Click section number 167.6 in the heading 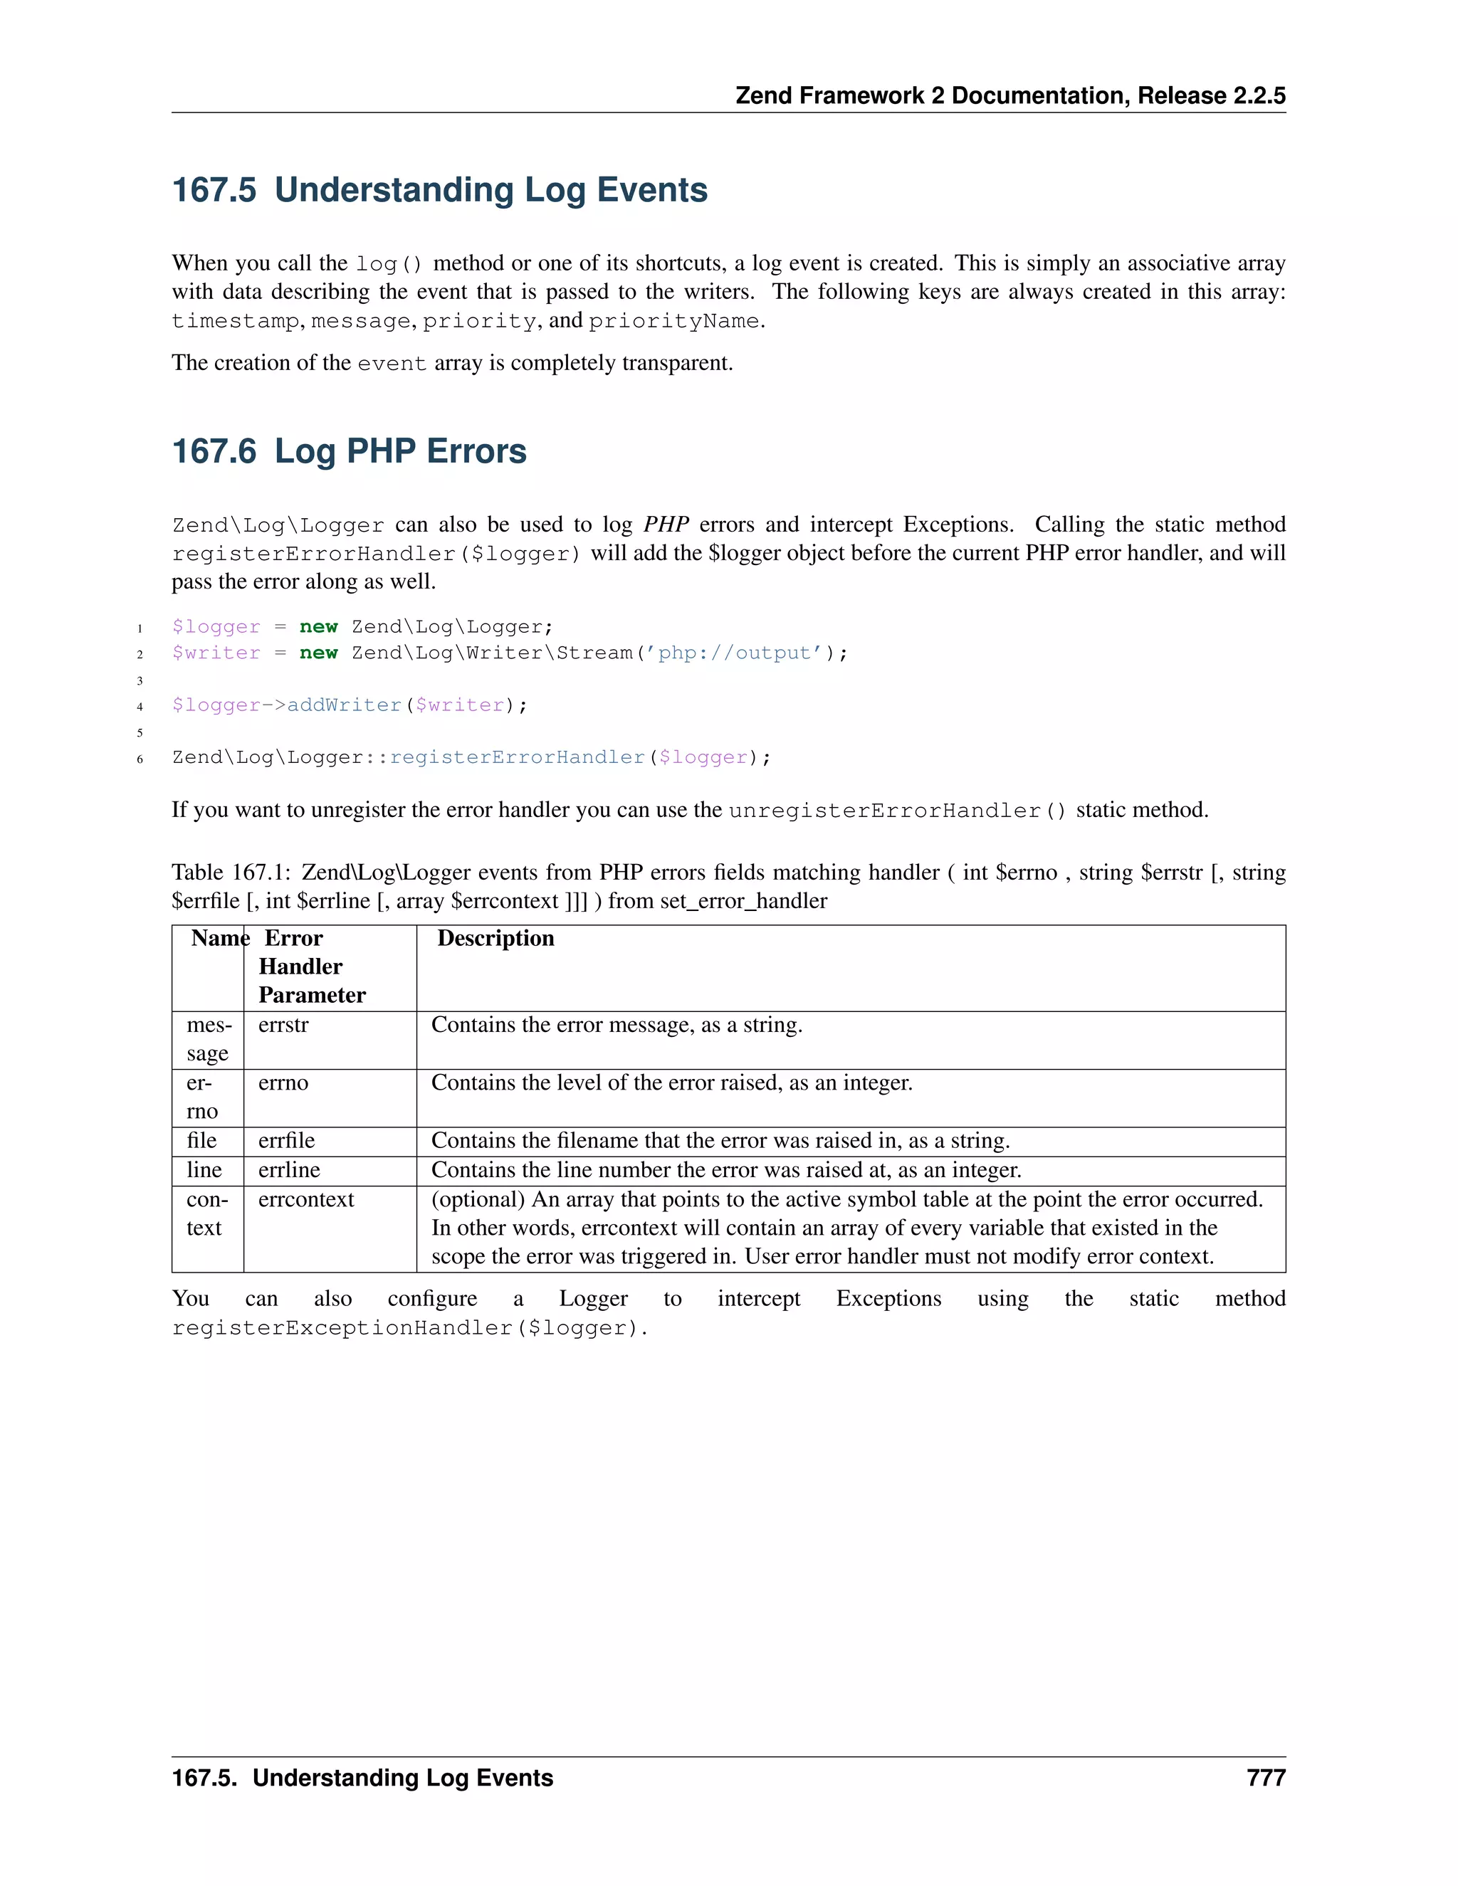(x=214, y=452)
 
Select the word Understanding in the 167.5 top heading (x=393, y=190)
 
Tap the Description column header (x=495, y=938)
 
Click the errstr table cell (x=283, y=1025)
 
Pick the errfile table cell (x=286, y=1141)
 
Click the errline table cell (x=288, y=1170)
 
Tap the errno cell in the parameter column (x=283, y=1083)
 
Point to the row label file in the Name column (x=201, y=1141)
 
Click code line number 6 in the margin (x=140, y=759)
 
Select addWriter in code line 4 (x=344, y=705)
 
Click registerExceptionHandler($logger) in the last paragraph (x=409, y=1328)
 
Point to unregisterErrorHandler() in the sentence (x=896, y=811)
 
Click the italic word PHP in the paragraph (x=665, y=525)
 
